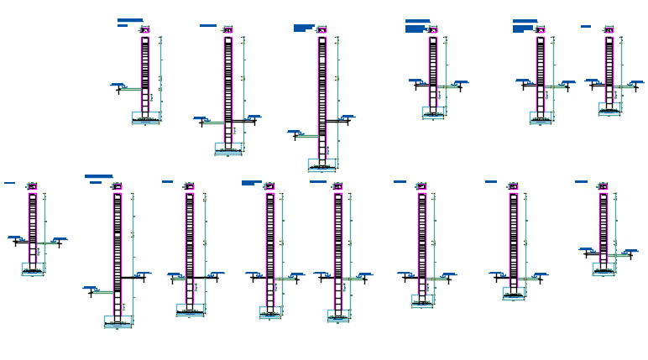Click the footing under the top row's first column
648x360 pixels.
click(145, 117)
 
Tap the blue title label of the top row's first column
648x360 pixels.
click(130, 20)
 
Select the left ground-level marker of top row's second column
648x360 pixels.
click(201, 119)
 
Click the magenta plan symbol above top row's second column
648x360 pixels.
click(227, 30)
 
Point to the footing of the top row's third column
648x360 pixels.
click(321, 164)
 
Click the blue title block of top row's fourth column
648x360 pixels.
click(417, 21)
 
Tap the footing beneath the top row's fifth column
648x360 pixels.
click(541, 117)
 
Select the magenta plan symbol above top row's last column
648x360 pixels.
click(609, 30)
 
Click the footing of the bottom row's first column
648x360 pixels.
click(33, 269)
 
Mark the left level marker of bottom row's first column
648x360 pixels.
click(14, 238)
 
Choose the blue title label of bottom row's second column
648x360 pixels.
click(98, 176)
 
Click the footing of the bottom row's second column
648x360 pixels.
click(118, 321)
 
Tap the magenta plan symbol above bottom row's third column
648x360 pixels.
click(189, 186)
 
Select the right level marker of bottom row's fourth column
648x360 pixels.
click(296, 274)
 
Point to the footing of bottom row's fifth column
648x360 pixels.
click(338, 316)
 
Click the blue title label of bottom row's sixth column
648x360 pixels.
click(400, 181)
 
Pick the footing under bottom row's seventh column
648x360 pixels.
click(514, 292)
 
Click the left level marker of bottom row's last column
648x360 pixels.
click(587, 249)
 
